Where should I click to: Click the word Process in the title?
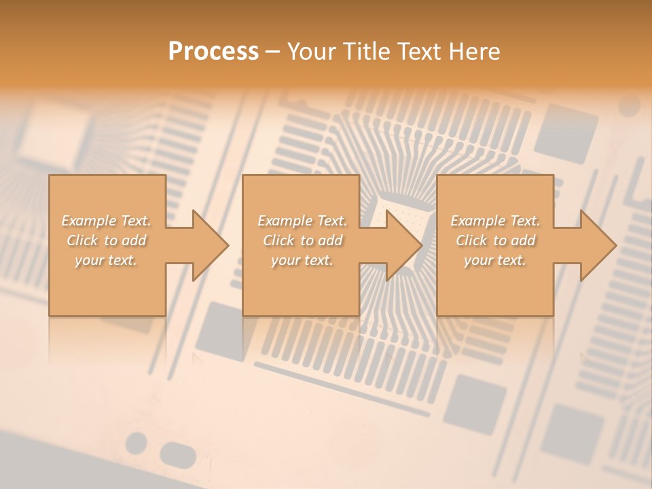click(213, 51)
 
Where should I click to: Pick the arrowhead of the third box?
click(597, 245)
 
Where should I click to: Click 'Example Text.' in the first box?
click(107, 221)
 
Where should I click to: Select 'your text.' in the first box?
click(107, 260)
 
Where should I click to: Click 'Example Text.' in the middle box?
click(302, 221)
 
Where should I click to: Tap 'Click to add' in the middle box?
click(302, 240)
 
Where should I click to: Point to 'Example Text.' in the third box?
click(495, 221)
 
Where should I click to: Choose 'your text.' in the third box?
click(495, 260)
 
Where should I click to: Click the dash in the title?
click(273, 52)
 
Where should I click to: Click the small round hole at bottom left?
click(137, 442)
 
